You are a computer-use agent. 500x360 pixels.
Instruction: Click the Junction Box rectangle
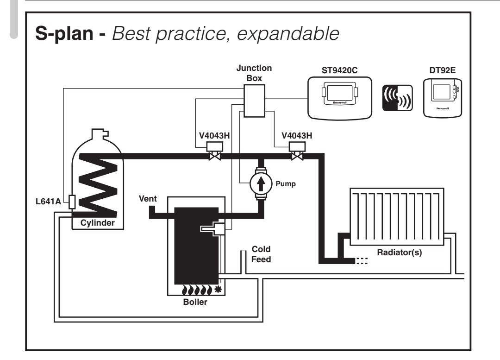(254, 101)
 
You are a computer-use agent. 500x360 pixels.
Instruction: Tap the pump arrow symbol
(261, 183)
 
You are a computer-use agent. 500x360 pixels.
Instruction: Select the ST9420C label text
(340, 70)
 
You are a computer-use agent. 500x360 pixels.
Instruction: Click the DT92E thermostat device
(442, 98)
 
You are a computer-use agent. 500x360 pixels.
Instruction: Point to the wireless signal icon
(397, 98)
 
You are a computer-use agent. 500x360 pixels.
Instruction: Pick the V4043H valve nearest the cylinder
(215, 151)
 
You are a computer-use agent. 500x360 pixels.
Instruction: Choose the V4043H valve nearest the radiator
(297, 151)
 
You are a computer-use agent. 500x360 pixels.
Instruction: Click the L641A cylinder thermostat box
(72, 202)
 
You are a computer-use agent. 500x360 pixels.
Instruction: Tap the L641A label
(48, 202)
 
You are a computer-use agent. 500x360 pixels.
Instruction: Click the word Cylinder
(97, 223)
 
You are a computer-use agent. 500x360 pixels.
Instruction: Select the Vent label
(148, 198)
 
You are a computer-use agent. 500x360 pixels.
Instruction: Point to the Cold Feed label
(261, 254)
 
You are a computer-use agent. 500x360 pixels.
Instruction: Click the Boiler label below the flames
(195, 302)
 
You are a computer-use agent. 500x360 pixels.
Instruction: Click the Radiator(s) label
(400, 253)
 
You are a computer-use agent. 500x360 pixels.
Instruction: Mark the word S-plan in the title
(64, 34)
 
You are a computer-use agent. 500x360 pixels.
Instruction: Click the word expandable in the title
(288, 34)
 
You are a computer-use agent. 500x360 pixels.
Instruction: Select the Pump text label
(286, 184)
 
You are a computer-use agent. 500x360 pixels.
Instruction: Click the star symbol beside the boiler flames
(218, 290)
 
